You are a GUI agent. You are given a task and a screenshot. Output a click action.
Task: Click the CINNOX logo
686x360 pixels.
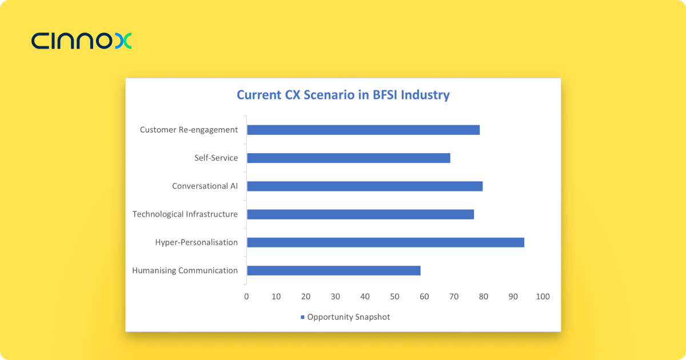[x=82, y=41]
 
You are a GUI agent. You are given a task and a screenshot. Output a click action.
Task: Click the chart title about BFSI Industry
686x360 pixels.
[x=343, y=95]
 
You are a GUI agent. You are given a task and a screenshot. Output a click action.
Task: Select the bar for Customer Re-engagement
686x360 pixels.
[x=363, y=130]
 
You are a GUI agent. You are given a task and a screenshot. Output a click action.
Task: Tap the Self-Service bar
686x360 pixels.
[x=348, y=158]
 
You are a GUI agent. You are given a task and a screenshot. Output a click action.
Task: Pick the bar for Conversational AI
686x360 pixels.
[x=365, y=186]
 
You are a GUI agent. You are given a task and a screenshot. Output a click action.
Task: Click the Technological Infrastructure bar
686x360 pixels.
[x=360, y=214]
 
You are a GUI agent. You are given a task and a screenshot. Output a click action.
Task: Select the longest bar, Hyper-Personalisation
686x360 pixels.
[x=385, y=242]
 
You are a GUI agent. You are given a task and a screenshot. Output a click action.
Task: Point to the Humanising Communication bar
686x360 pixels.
[x=333, y=271]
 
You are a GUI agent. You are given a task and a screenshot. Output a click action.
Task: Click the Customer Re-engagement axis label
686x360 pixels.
[x=189, y=130]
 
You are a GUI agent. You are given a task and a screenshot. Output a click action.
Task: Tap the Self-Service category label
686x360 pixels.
[x=216, y=158]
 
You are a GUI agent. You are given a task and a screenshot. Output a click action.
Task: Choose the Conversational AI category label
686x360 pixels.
[x=205, y=186]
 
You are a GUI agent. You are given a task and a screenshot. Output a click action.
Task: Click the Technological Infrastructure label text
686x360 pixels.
[x=185, y=214]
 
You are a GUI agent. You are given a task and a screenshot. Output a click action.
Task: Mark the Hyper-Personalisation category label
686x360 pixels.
[x=196, y=242]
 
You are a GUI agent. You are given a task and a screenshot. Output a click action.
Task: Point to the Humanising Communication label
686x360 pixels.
[x=185, y=271]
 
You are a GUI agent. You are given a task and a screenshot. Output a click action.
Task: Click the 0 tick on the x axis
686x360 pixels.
[x=246, y=297]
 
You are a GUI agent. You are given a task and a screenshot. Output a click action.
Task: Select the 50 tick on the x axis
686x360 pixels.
[x=394, y=297]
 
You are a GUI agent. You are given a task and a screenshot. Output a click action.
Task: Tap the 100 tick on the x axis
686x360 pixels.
[x=543, y=297]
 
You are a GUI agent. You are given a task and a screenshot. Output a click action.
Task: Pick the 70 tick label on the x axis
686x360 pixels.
[x=454, y=297]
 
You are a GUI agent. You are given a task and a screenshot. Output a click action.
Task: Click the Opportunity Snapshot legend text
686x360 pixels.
[x=349, y=317]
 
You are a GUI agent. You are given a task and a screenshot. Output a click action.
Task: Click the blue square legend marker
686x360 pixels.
[x=302, y=317]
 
